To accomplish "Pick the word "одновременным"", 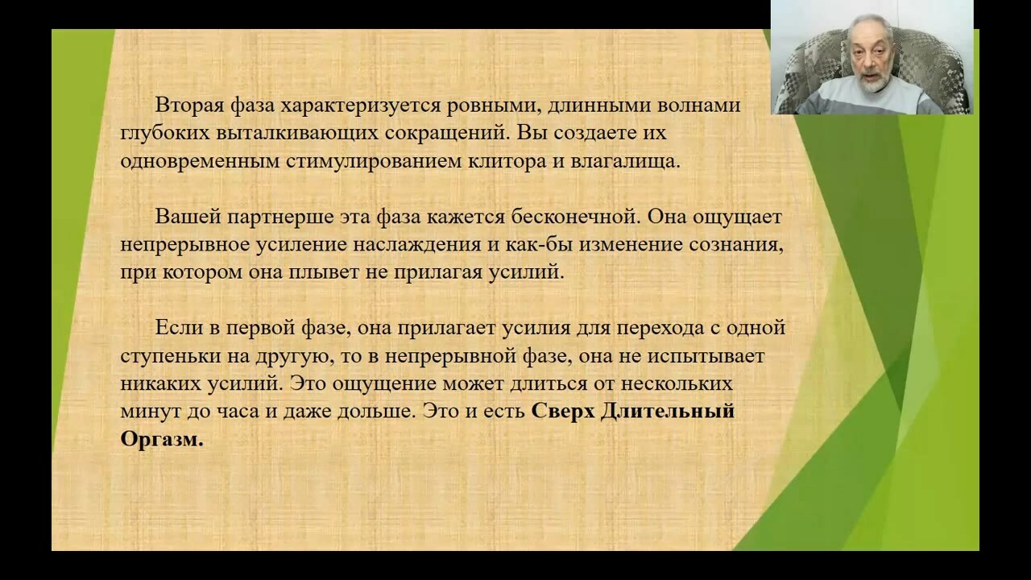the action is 201,162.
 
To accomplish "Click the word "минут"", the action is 151,412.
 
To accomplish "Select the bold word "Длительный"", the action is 668,411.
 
